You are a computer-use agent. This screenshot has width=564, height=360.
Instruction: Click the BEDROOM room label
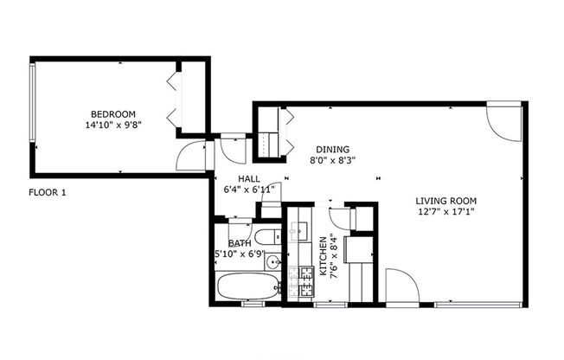(113, 114)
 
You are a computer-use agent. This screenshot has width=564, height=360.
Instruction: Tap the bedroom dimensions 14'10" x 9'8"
(113, 125)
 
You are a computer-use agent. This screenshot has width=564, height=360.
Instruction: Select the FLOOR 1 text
(48, 192)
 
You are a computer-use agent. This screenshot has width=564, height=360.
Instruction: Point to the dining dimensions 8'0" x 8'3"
(333, 159)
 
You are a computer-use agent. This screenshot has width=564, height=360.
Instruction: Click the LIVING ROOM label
(447, 197)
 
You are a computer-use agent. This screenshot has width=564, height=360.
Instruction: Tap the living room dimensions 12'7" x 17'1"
(447, 209)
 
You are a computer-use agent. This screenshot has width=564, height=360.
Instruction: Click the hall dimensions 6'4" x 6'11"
(249, 189)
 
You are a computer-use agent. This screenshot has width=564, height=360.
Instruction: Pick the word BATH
(240, 243)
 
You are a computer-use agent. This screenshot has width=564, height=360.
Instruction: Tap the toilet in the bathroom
(266, 236)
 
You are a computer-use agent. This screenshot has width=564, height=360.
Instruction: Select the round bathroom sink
(272, 261)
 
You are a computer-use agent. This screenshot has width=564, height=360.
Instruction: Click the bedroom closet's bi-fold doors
(174, 95)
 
